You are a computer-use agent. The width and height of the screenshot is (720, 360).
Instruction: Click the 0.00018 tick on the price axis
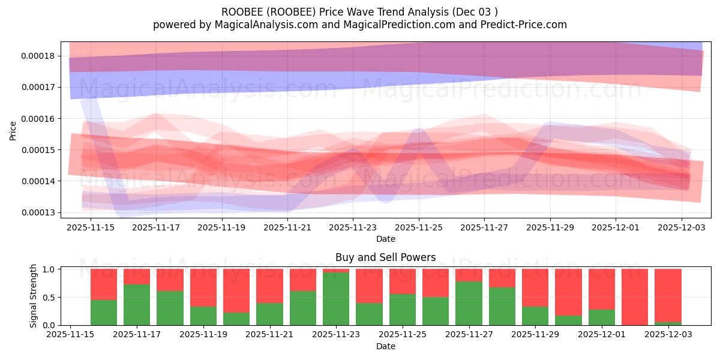[x=37, y=56]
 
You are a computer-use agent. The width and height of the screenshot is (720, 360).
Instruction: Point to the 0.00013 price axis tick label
[x=37, y=212]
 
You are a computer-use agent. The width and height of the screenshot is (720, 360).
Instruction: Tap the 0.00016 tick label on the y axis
[x=37, y=119]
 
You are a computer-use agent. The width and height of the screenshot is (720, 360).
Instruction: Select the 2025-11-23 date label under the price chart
[x=353, y=227]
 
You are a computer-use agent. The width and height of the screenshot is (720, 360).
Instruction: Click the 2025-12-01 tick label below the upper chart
[x=616, y=227]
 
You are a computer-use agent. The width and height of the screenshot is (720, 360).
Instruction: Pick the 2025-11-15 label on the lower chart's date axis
[x=71, y=335]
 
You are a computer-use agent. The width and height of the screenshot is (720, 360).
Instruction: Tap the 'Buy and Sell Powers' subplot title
[x=385, y=257]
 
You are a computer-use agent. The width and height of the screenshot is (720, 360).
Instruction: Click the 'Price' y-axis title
[x=13, y=130]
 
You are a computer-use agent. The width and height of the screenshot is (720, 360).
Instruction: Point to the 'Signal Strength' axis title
[x=34, y=296]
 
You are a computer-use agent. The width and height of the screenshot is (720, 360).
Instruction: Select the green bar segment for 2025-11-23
[x=336, y=299]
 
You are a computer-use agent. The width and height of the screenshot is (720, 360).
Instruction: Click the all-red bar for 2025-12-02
[x=635, y=297]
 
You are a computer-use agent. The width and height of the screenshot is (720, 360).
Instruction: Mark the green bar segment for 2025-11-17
[x=137, y=305]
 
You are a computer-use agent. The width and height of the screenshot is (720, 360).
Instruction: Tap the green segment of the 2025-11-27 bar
[x=469, y=303]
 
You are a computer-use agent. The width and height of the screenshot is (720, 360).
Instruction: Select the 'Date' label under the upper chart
[x=385, y=239]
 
